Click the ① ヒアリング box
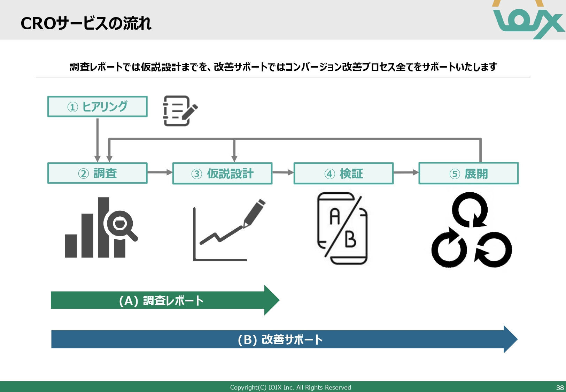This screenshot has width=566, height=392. (97, 107)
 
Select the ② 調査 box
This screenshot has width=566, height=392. (97, 173)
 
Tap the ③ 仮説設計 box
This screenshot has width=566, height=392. (222, 174)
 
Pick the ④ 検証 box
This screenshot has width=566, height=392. (343, 174)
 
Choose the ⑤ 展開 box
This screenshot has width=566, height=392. (468, 174)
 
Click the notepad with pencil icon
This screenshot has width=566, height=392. (179, 111)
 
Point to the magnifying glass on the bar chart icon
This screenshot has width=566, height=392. (121, 224)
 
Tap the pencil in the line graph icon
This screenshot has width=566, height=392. (254, 213)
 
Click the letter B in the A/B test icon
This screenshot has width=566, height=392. (350, 240)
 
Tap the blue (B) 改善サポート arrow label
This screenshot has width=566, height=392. (280, 339)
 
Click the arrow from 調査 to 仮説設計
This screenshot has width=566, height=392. (160, 172)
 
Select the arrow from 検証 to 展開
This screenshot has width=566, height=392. (406, 172)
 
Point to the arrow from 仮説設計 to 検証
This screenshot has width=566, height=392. (283, 172)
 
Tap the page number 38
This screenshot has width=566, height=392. (560, 387)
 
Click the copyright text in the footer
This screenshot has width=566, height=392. (290, 387)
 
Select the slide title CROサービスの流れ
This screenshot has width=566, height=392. (86, 24)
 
